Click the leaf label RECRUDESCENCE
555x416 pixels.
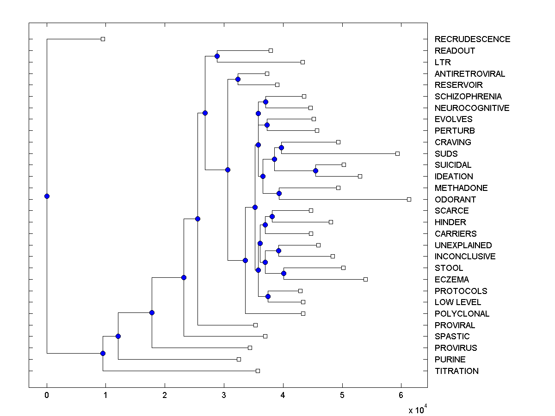point(472,39)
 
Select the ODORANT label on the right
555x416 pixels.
point(455,200)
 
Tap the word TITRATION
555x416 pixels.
point(456,371)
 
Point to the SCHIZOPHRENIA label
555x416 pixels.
point(468,97)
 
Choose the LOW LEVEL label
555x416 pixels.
point(457,302)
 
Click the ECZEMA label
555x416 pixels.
point(451,280)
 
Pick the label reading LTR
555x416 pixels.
point(443,62)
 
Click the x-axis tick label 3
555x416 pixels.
point(224,395)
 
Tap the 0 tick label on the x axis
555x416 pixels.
point(47,395)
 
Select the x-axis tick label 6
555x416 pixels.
point(401,395)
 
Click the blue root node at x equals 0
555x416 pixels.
point(47,196)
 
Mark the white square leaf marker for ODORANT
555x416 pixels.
point(409,199)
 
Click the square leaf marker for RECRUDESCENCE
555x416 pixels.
point(103,39)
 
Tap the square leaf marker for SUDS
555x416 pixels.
point(397,153)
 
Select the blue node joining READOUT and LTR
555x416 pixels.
point(217,56)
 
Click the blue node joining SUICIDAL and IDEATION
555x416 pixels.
point(315,171)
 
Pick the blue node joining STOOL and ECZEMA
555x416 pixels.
point(284,274)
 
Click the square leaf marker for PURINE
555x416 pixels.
point(239,359)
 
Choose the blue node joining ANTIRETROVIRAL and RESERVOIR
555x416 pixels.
point(238,79)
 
